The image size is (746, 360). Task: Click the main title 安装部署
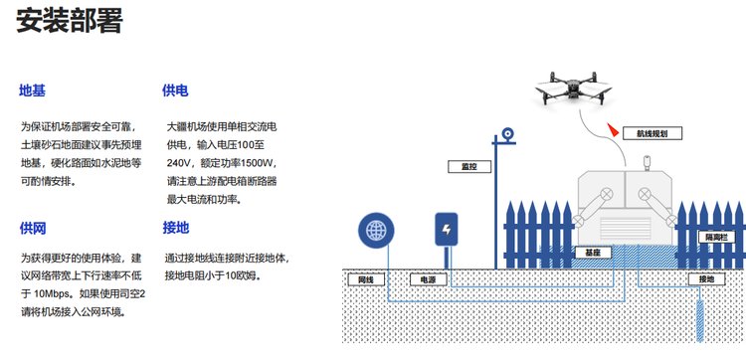[x=70, y=20]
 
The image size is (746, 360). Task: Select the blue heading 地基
[x=33, y=90]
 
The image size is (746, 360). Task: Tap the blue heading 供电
[x=175, y=90]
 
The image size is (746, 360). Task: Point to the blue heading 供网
[x=33, y=229]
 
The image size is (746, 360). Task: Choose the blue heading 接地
[x=175, y=229]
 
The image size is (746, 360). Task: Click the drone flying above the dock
[x=573, y=89]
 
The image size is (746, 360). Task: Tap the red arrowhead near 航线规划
[x=613, y=130]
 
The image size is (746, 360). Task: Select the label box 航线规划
[x=653, y=133]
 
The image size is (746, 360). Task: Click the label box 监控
[x=469, y=166]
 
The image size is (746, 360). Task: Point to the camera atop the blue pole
[x=507, y=135]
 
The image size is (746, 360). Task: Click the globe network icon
[x=376, y=230]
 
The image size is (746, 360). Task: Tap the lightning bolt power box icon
[x=447, y=229]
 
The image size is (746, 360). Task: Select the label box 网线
[x=365, y=279]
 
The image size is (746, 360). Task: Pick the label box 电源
[x=428, y=279]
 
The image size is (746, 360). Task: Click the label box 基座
[x=593, y=253]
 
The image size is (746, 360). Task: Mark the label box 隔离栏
[x=716, y=237]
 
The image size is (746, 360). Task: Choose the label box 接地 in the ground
[x=706, y=279]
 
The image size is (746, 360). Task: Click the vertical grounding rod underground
[x=700, y=320]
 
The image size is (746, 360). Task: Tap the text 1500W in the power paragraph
[x=258, y=163]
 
